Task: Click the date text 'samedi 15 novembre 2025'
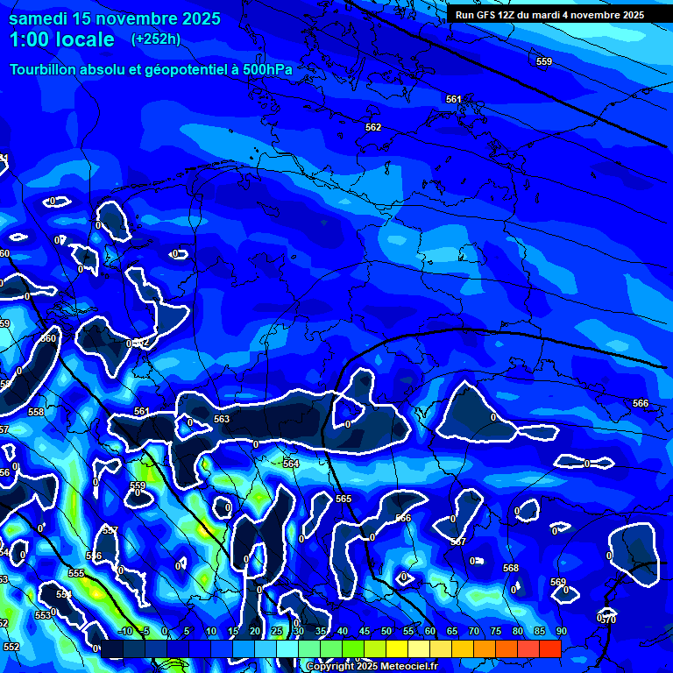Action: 114,18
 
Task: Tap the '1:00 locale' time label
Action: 61,39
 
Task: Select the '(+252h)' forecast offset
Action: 156,39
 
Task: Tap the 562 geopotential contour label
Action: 373,127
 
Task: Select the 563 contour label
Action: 222,420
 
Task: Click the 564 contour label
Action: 291,464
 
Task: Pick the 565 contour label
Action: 344,499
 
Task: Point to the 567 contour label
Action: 458,542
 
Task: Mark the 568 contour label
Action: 511,568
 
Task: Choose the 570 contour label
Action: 609,620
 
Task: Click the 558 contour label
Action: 36,412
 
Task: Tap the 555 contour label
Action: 76,573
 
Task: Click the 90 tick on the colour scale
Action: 560,631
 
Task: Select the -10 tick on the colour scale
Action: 124,631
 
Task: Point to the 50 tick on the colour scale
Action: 386,631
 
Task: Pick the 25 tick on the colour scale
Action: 276,631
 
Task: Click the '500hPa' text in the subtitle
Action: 268,69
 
